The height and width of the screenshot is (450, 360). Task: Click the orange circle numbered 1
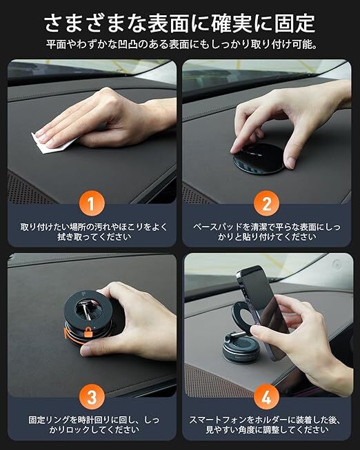[91, 203]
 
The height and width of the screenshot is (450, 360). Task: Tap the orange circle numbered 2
[266, 203]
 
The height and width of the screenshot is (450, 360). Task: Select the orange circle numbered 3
[92, 397]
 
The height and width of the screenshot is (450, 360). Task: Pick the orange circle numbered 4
[266, 397]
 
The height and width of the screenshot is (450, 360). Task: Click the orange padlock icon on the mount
[88, 331]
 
